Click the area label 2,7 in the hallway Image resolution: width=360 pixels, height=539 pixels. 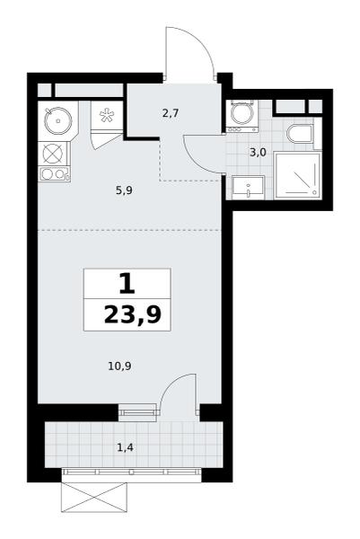[x=171, y=113]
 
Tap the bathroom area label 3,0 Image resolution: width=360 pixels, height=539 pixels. [x=258, y=153]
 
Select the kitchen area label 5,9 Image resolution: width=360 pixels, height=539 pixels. [x=124, y=190]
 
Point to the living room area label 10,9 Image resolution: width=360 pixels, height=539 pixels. [x=120, y=367]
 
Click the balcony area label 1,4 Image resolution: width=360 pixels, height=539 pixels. [x=125, y=447]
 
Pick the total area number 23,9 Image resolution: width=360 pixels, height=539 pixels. [x=133, y=315]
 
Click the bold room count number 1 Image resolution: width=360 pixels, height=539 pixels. [x=127, y=283]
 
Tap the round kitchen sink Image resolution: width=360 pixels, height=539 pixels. [x=58, y=120]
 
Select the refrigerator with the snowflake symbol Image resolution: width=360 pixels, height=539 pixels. [x=107, y=115]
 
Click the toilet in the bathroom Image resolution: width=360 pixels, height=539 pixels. [x=300, y=133]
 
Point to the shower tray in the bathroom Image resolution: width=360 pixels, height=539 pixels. [x=298, y=176]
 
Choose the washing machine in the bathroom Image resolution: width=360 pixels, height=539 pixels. [x=242, y=116]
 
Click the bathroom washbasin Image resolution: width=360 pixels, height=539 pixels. [x=248, y=188]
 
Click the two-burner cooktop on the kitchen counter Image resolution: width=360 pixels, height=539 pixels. [x=54, y=174]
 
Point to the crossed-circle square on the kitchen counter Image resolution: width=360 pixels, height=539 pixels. [x=54, y=153]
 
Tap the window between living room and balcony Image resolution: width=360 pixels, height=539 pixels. [x=137, y=411]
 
